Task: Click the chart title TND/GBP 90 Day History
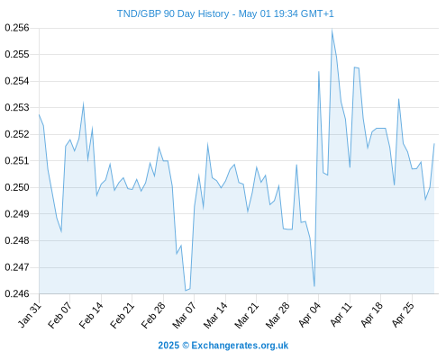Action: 173,13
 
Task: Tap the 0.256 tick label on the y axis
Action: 17,28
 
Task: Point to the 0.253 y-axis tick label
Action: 17,107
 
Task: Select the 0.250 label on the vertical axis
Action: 17,187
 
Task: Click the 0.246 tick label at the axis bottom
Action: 17,293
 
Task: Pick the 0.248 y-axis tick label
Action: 17,240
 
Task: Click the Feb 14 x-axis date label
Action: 91,316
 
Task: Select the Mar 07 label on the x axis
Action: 184,316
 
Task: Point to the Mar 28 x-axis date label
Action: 278,316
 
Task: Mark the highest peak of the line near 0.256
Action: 332,30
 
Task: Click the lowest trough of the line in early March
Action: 186,291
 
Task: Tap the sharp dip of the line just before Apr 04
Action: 314,286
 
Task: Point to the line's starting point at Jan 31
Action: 39,114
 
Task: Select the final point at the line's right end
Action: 434,144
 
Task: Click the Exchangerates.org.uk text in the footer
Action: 240,346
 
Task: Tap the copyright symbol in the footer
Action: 186,346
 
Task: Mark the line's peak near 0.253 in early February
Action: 83,103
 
